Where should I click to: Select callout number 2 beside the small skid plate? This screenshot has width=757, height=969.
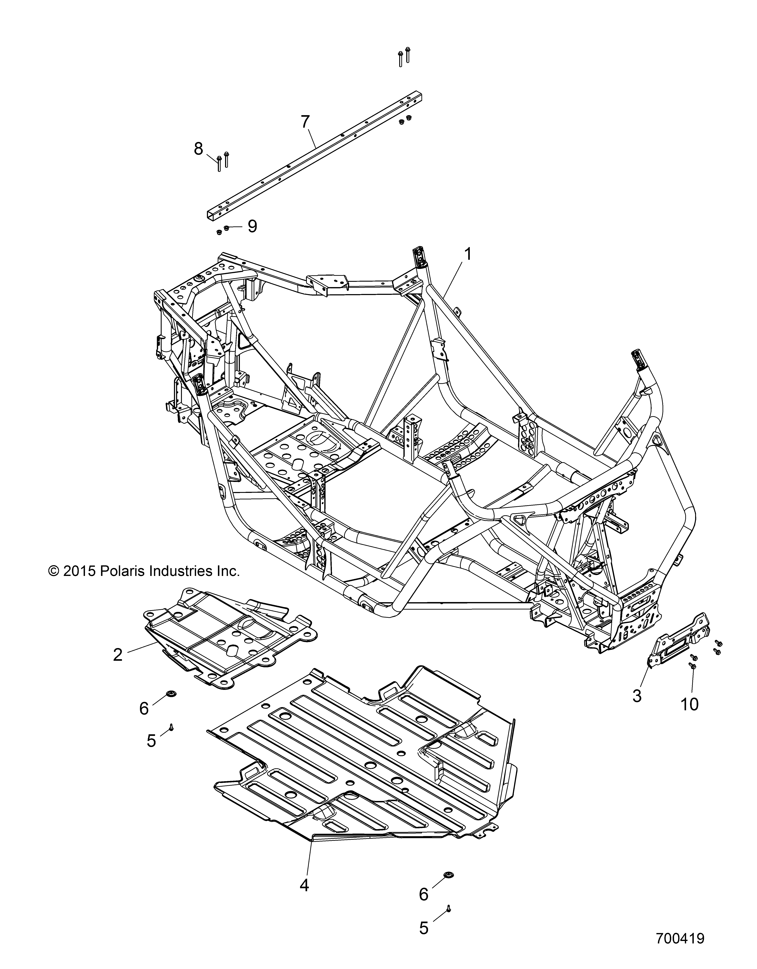click(x=118, y=655)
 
